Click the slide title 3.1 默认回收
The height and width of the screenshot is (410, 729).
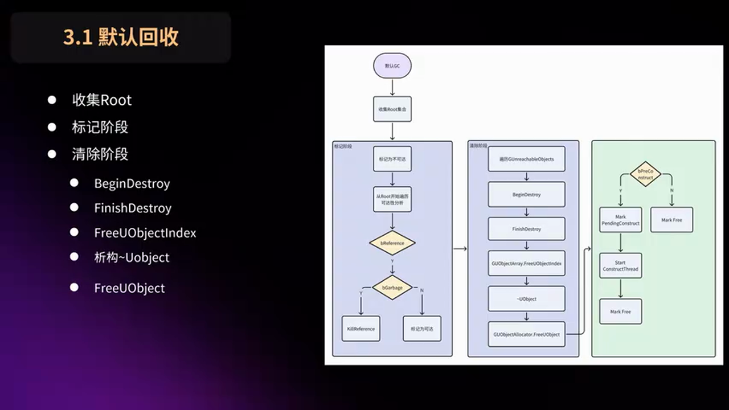pyautogui.click(x=121, y=38)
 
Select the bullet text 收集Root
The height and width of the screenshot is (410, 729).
pyautogui.click(x=101, y=100)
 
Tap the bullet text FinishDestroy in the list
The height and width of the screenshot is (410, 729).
pyautogui.click(x=133, y=208)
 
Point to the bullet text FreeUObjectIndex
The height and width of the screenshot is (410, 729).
pyautogui.click(x=145, y=233)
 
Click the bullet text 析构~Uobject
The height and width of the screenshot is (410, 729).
pyautogui.click(x=132, y=257)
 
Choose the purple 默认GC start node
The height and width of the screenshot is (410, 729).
pyautogui.click(x=392, y=66)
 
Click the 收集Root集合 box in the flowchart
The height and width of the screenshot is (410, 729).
pyautogui.click(x=392, y=109)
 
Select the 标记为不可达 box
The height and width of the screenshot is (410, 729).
pyautogui.click(x=392, y=159)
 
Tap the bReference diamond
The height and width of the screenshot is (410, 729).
pyautogui.click(x=392, y=243)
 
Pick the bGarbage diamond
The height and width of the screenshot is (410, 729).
pyautogui.click(x=392, y=288)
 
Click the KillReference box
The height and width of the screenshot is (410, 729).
pyautogui.click(x=361, y=329)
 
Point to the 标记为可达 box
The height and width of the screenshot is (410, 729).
pyautogui.click(x=422, y=329)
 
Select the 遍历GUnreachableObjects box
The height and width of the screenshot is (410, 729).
pyautogui.click(x=526, y=159)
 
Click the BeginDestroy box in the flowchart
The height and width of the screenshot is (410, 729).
pyautogui.click(x=526, y=195)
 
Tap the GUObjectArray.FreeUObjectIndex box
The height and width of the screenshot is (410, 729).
pyautogui.click(x=526, y=264)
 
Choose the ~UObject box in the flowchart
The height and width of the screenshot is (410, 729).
pyautogui.click(x=526, y=299)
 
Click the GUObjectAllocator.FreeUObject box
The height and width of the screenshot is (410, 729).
pyautogui.click(x=526, y=334)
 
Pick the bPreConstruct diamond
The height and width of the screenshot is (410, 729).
pyautogui.click(x=645, y=174)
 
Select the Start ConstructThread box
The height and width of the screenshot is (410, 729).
pyautogui.click(x=620, y=266)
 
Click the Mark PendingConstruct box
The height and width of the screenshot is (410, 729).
pyautogui.click(x=620, y=220)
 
